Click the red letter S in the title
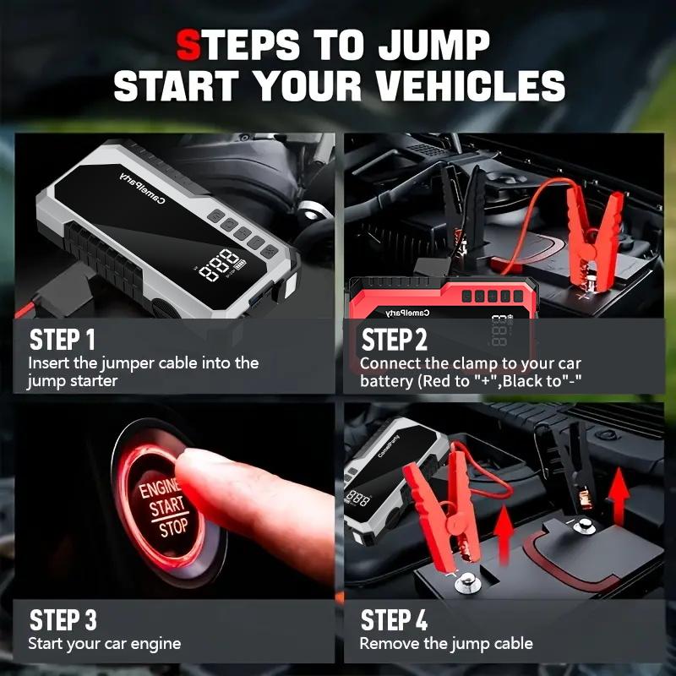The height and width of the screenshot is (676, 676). click(x=188, y=45)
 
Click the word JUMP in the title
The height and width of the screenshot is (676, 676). click(x=434, y=45)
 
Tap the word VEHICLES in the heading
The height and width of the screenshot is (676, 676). click(x=471, y=85)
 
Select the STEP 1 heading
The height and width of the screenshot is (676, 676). click(x=62, y=340)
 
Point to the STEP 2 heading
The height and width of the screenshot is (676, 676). click(x=394, y=340)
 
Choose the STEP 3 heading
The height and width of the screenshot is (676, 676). click(x=63, y=620)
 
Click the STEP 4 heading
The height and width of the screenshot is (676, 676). click(x=394, y=620)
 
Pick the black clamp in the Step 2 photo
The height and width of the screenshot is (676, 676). click(x=461, y=215)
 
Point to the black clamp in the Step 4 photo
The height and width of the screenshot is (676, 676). click(x=569, y=466)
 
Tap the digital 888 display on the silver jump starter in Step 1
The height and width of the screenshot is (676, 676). click(x=219, y=264)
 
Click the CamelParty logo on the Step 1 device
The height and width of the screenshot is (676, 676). click(x=143, y=188)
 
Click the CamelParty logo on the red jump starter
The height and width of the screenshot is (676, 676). click(x=407, y=313)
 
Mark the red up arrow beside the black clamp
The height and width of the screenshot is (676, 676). click(x=619, y=496)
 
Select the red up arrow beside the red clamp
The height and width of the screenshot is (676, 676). click(x=504, y=536)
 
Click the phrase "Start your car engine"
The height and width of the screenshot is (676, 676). click(x=105, y=644)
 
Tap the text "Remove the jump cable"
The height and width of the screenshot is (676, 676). click(x=446, y=644)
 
